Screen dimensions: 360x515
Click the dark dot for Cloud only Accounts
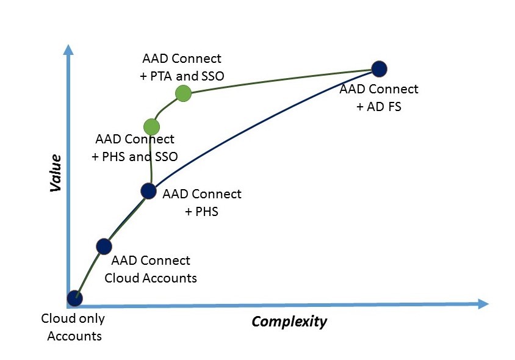(x=74, y=298)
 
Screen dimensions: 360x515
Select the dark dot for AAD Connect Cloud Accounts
(x=104, y=246)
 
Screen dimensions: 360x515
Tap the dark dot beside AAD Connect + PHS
(x=149, y=191)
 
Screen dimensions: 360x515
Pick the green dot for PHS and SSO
(x=151, y=127)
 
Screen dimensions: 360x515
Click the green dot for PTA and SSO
(x=183, y=93)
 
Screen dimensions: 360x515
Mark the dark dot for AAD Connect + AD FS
(x=380, y=68)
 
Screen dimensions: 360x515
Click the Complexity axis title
(x=289, y=322)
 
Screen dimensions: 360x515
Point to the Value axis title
(x=56, y=173)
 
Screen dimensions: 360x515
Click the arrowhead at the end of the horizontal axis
(x=483, y=303)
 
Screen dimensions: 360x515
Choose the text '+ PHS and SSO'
(x=135, y=156)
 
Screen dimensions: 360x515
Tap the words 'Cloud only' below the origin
(x=73, y=319)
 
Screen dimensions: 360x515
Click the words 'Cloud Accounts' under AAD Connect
(x=151, y=278)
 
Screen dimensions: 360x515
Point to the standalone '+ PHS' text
(x=201, y=212)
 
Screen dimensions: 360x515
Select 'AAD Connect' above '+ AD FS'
(x=379, y=89)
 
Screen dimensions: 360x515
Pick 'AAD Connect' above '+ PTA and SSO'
(x=182, y=59)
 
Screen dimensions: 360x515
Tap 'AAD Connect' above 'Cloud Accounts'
(x=151, y=261)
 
